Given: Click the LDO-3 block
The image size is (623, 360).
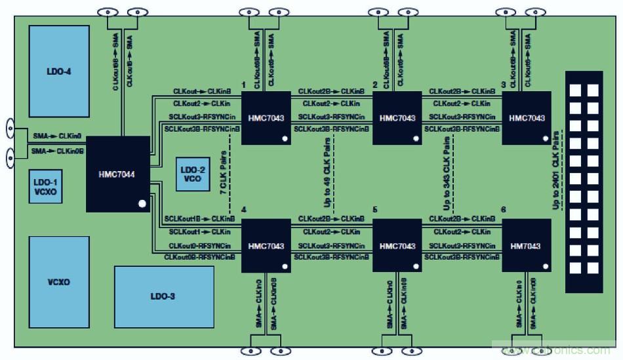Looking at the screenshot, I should point(164,296).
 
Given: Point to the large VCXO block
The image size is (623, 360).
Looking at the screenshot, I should point(59,282).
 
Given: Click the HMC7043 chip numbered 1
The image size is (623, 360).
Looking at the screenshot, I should point(266,118).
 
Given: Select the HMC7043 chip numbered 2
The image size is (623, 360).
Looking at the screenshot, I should point(397,118).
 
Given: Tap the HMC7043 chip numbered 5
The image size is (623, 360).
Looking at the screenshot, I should point(397,246).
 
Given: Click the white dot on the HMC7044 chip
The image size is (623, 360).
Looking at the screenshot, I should point(142,204).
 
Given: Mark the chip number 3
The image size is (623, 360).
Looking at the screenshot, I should point(503,85).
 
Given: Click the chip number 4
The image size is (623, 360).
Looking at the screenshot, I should point(244,210).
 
